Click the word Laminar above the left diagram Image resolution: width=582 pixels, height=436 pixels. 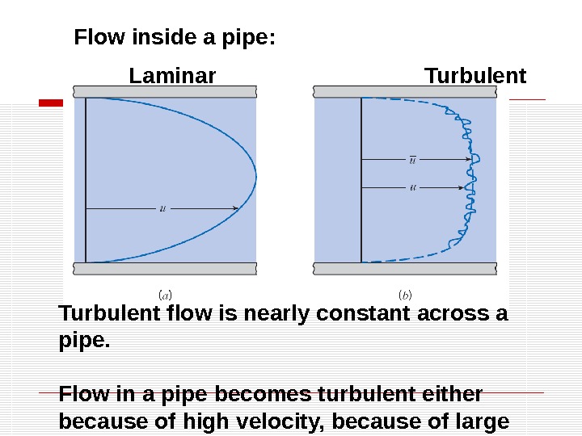click(172, 77)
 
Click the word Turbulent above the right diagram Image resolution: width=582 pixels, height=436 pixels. click(475, 77)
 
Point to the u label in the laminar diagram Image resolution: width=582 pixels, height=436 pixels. click(163, 208)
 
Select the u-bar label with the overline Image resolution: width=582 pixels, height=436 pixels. click(414, 159)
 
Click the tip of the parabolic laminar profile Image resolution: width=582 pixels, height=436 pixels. click(255, 176)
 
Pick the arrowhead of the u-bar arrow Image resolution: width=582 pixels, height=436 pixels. click(466, 160)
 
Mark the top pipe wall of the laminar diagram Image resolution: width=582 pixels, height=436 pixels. click(166, 91)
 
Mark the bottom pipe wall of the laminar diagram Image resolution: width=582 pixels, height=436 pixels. click(166, 269)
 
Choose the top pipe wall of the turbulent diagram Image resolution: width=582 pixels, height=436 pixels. click(404, 91)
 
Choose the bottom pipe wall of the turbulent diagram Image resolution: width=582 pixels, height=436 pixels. click(404, 269)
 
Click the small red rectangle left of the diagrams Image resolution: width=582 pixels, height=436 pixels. click(52, 103)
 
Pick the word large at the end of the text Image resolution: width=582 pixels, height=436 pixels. click(483, 421)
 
